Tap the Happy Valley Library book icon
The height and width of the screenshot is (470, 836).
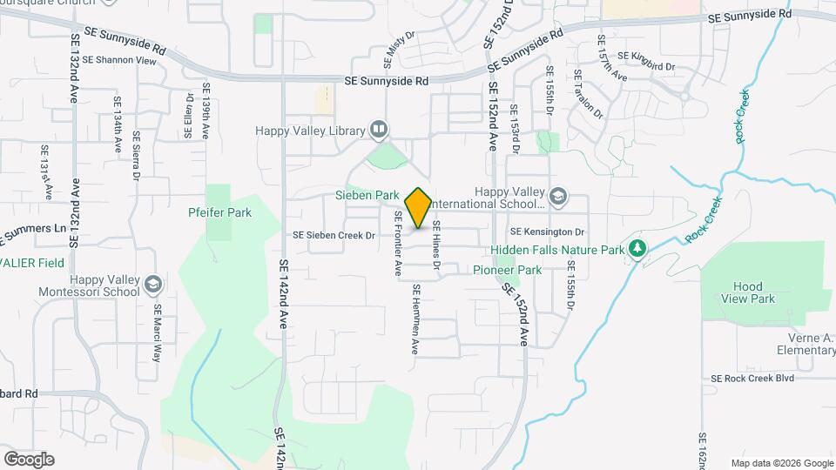tap(379, 131)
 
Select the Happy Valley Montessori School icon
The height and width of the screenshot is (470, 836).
tap(153, 285)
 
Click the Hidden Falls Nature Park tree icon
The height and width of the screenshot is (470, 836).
tap(638, 250)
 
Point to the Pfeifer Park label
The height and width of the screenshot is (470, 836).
tap(219, 211)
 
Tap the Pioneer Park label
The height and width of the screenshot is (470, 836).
tap(507, 270)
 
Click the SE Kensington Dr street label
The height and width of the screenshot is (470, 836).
tap(547, 232)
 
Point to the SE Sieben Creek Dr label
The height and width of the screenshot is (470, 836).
tap(334, 235)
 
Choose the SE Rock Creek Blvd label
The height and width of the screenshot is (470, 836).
tap(753, 378)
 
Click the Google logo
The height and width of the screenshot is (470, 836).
tap(29, 460)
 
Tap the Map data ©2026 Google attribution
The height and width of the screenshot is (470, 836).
tap(782, 463)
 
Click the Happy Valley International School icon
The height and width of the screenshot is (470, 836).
tap(558, 197)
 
